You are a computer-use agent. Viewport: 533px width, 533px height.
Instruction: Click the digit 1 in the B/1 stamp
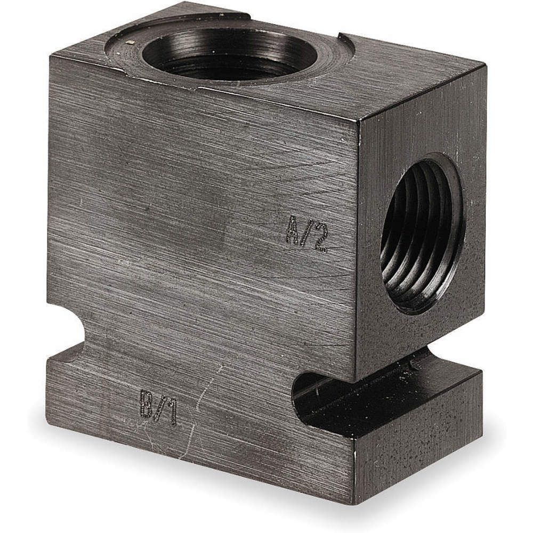(x=171, y=413)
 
